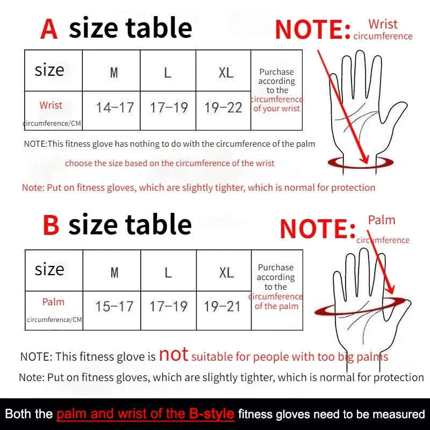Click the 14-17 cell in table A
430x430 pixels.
pos(114,107)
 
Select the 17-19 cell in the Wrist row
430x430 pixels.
pos(169,107)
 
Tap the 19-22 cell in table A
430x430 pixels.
pos(223,107)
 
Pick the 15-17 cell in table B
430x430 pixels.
pos(114,307)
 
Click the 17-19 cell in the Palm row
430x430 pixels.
pos(168,307)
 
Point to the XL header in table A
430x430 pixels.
pos(226,73)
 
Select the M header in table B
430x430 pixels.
pos(114,272)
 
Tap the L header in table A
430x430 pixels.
pos(168,73)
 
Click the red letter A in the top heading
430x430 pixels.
pos(49,29)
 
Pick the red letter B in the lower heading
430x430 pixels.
pos(51,225)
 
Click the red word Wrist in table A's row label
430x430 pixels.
pos(51,105)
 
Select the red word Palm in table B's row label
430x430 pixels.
pos(53,302)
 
